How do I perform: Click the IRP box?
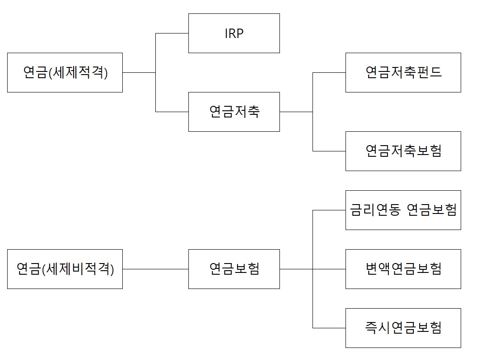coord(234,33)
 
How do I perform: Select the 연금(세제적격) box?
coord(65,72)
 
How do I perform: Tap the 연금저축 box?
coord(234,112)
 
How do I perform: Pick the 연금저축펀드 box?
coord(403,72)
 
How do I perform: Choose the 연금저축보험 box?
coord(403,151)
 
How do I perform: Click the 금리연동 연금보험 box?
coord(403,210)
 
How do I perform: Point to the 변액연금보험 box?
coord(403,269)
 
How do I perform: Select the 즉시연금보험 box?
coord(403,328)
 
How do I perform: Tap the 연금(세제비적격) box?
coord(65,269)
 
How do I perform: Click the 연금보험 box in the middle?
coord(234,269)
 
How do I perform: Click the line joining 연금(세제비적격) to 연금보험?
coord(155,269)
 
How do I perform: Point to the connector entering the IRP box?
coord(172,33)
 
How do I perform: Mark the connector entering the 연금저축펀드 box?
coord(329,72)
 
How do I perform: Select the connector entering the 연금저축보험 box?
coord(329,151)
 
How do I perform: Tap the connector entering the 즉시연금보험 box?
coord(329,328)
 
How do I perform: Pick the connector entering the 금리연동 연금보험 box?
coord(329,210)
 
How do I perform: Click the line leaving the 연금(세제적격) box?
coord(139,72)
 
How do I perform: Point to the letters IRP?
coord(234,33)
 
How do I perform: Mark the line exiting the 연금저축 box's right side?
coord(296,112)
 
